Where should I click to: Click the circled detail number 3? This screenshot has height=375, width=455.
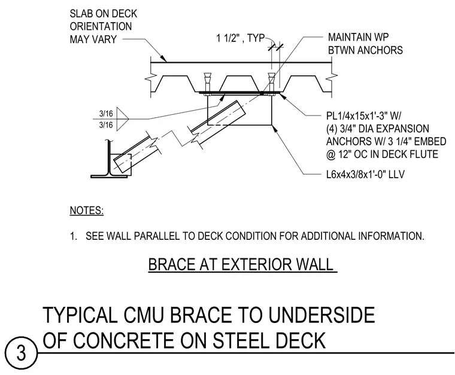pos(21,353)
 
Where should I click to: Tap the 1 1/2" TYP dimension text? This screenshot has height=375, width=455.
pos(241,38)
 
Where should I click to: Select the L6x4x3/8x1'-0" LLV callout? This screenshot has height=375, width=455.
pos(365,175)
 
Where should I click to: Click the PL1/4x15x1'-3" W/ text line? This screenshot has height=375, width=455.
pos(363,116)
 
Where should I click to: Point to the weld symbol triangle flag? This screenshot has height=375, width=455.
pos(122,119)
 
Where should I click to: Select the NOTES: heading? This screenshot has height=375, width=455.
pos(87,211)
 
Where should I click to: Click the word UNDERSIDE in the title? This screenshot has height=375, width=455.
pos(321,315)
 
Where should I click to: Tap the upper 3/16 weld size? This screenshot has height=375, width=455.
pos(106,113)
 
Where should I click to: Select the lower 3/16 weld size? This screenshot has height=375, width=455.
pos(106,125)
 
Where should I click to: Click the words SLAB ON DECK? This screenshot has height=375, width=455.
pos(104,14)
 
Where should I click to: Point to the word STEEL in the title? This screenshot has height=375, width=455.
pos(243,340)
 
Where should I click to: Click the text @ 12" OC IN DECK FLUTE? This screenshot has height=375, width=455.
pos(382,154)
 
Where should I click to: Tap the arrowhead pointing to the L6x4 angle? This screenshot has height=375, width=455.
pos(274,129)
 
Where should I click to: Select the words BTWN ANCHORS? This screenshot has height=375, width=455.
pos(365,50)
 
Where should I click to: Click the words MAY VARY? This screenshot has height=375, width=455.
pos(93,39)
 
